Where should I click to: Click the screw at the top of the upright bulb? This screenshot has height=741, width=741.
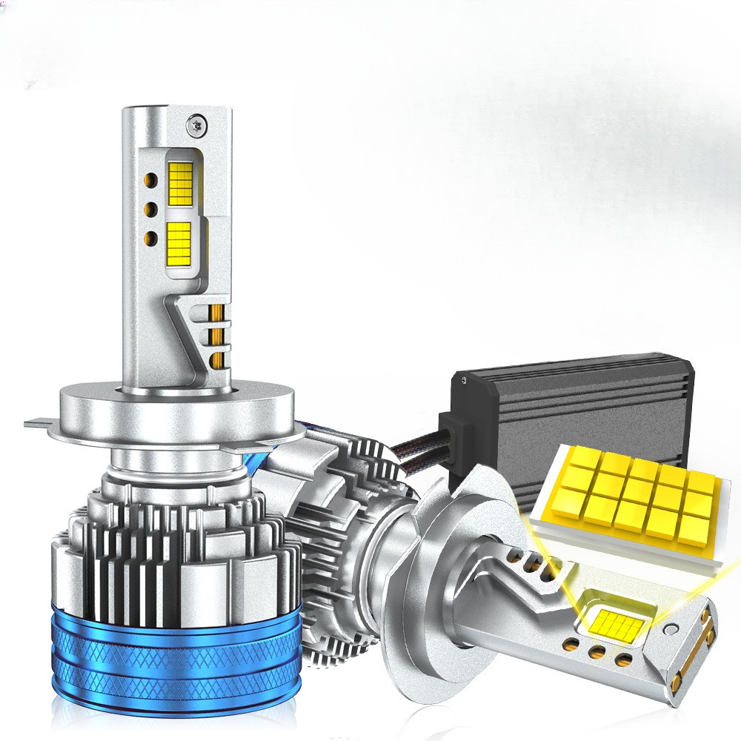coord(196,122)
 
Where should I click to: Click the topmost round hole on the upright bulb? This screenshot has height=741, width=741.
coord(152,179)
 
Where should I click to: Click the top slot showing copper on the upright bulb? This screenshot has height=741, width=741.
coord(217,311)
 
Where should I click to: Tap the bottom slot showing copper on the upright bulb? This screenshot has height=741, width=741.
coord(217,361)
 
